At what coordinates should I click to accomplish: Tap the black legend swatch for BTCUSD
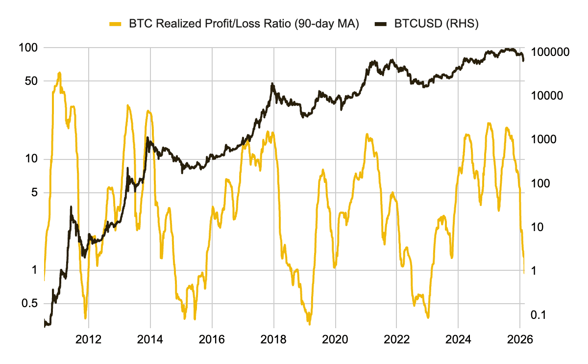point(381,24)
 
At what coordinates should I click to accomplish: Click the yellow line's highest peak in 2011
point(59,73)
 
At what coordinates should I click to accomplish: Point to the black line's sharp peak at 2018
point(272,84)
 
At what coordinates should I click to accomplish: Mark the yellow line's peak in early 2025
point(489,123)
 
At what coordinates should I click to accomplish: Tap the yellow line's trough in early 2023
point(428,317)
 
